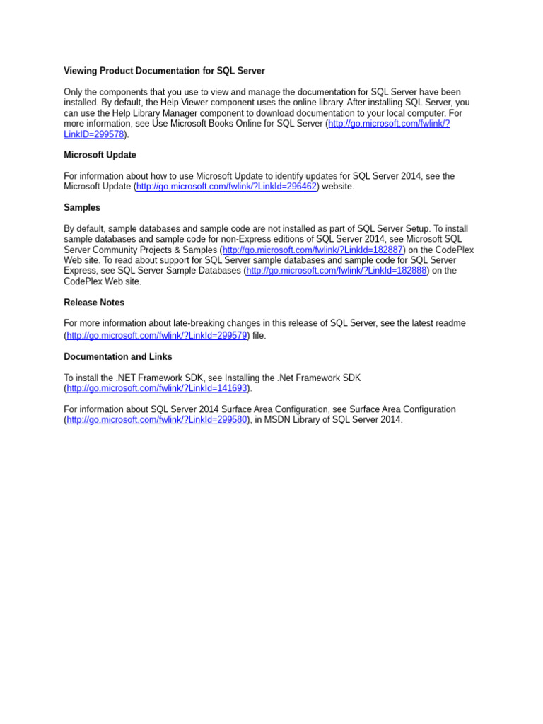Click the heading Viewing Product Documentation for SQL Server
click(164, 71)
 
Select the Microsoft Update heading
click(100, 155)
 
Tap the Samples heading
click(82, 208)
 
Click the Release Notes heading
click(94, 303)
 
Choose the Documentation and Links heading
click(117, 357)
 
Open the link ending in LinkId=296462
click(226, 187)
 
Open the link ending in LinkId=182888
click(337, 271)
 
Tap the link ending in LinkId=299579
click(157, 336)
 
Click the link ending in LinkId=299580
click(157, 420)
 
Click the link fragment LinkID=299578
click(94, 134)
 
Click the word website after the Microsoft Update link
click(338, 187)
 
